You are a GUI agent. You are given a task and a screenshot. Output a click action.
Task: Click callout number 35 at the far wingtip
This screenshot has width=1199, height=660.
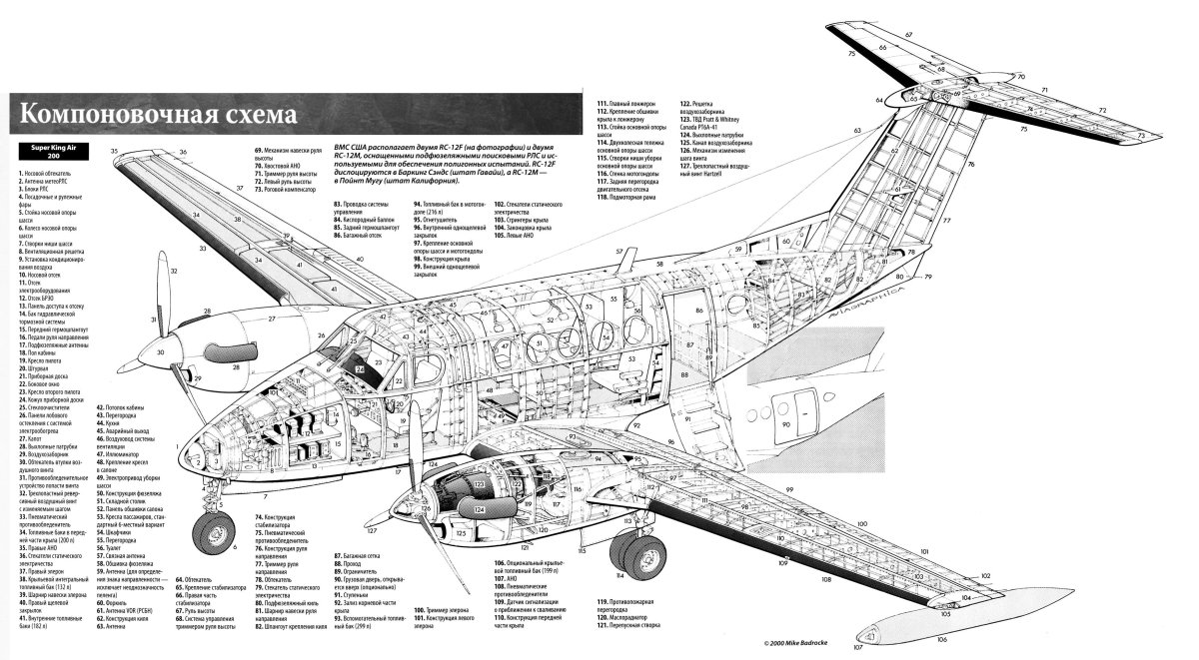coord(115,152)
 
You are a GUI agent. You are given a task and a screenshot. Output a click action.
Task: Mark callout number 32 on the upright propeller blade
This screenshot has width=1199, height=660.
coord(174,271)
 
